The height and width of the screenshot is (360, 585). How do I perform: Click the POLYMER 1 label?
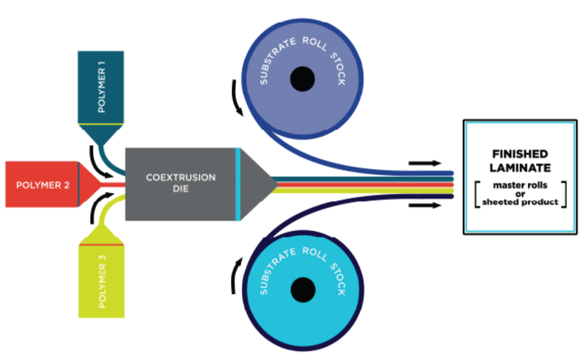101,87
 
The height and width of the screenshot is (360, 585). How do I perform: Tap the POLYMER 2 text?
43,185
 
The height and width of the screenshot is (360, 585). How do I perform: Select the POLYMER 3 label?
102,282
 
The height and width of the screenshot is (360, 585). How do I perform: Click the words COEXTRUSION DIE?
181,183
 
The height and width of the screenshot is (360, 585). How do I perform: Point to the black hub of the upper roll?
303,79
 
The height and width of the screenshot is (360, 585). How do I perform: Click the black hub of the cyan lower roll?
303,290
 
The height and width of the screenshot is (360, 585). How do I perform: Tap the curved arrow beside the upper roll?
236,98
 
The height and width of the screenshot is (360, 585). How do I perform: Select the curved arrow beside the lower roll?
235,276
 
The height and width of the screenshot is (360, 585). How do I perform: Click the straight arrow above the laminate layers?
425,163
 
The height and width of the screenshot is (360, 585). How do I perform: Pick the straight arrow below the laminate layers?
425,205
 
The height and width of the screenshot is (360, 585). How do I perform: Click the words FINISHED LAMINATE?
520,161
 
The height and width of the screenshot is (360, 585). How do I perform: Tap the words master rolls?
520,185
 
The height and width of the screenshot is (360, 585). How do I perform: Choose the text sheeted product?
520,202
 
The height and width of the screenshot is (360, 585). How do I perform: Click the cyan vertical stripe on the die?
238,184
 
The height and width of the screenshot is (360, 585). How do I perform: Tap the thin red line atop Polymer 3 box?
101,245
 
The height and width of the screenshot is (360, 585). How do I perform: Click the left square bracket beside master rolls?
477,194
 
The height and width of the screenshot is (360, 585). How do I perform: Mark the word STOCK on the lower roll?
338,279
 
